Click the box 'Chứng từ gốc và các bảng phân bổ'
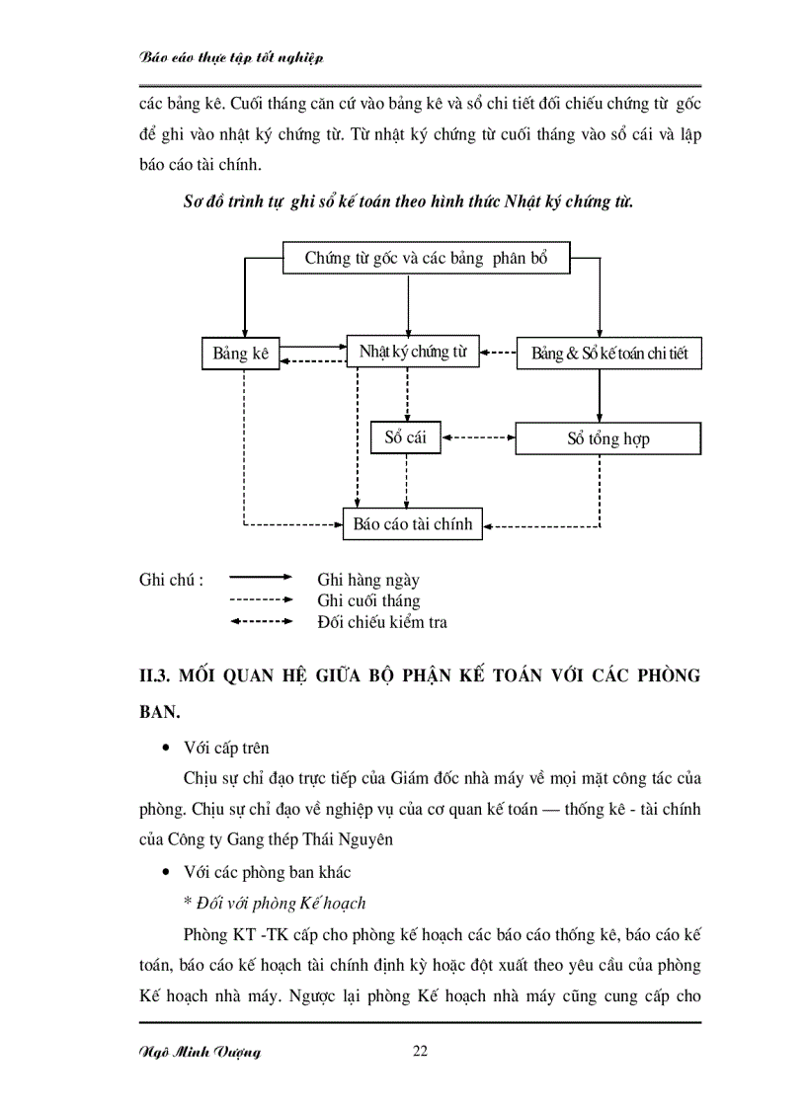pyautogui.click(x=425, y=259)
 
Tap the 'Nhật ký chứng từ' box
pyautogui.click(x=412, y=352)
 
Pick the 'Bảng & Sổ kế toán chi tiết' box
pyautogui.click(x=608, y=354)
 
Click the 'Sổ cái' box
pyautogui.click(x=405, y=437)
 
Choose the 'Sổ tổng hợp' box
pyautogui.click(x=607, y=438)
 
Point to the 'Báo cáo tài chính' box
pyautogui.click(x=413, y=524)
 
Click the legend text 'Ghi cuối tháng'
pyautogui.click(x=368, y=600)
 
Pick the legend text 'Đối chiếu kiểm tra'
pyautogui.click(x=381, y=621)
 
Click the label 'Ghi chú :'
pyautogui.click(x=172, y=580)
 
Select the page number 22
pyautogui.click(x=420, y=1052)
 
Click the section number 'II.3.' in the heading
pyautogui.click(x=161, y=675)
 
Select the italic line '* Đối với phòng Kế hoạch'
pyautogui.click(x=275, y=903)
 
